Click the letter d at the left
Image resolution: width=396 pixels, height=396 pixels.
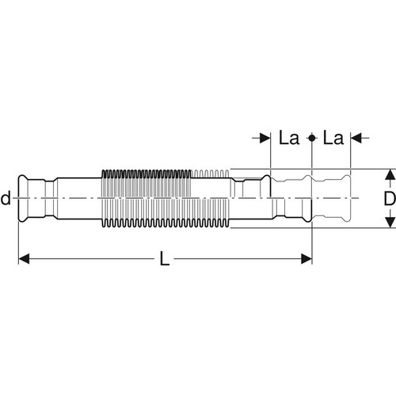coord(6,198)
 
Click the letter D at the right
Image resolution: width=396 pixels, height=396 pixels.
coord(390,198)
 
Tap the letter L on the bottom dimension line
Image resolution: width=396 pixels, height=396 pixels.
coord(165,258)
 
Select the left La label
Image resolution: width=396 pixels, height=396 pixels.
coord(289,138)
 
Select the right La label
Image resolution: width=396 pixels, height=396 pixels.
coord(333,138)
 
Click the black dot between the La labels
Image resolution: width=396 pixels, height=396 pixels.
coord(312,138)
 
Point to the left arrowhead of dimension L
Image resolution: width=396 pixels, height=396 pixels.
coord(24,259)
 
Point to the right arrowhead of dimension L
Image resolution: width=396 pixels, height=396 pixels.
coord(307,259)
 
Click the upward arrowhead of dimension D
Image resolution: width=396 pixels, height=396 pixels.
coord(389,174)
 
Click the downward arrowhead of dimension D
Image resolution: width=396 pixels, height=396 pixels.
coord(389,222)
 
